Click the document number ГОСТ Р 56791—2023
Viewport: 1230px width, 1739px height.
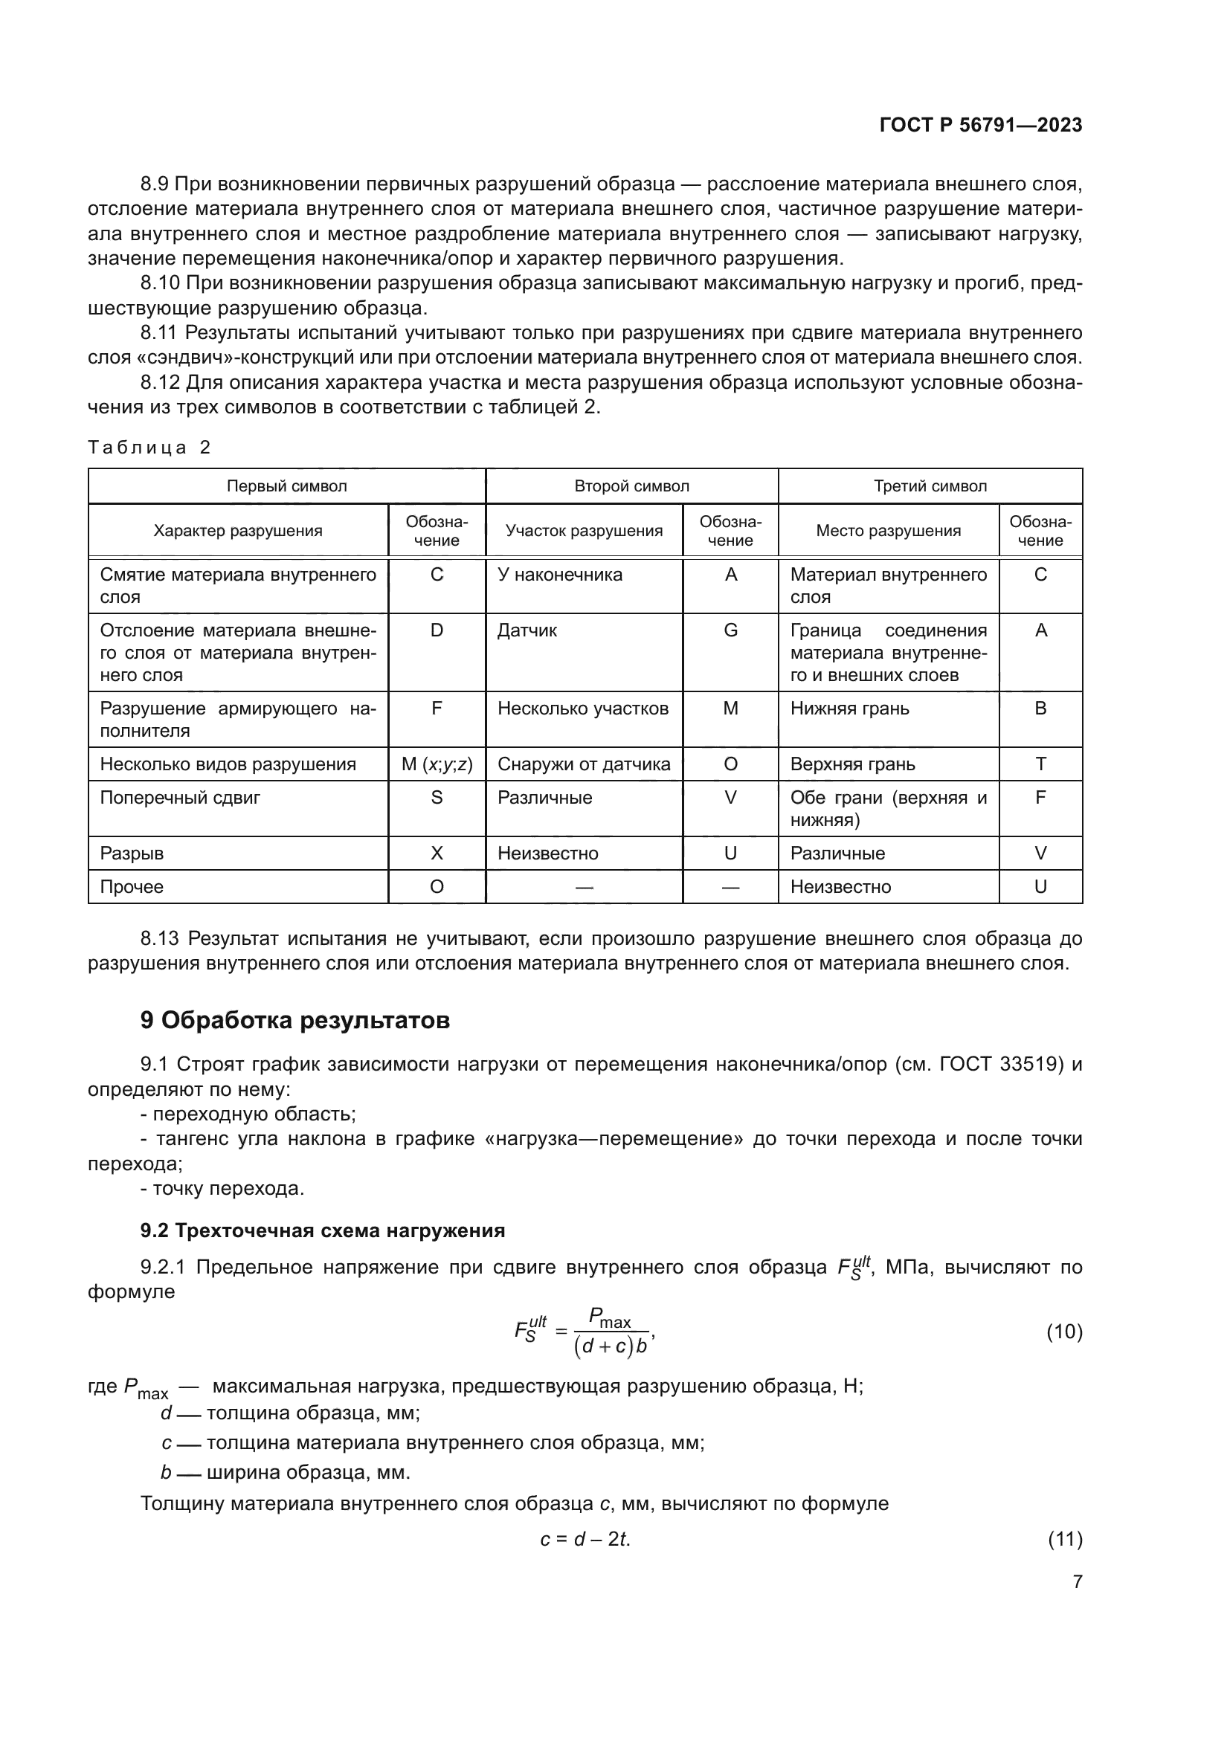click(980, 125)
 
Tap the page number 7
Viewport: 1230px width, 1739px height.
click(1077, 1581)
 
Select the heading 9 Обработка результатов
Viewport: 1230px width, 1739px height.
click(294, 1020)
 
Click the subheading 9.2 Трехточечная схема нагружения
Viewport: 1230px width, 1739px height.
click(322, 1230)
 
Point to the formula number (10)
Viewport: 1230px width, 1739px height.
click(1063, 1332)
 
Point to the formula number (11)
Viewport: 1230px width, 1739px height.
click(1064, 1539)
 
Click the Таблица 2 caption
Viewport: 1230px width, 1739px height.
click(149, 447)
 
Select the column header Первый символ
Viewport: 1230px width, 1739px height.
click(286, 486)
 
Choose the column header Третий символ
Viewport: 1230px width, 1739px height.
click(930, 486)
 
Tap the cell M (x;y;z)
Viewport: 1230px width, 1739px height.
click(437, 764)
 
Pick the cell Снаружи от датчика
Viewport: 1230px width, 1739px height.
click(583, 764)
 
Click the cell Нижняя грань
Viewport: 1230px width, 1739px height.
click(849, 709)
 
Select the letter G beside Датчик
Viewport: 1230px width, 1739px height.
click(730, 630)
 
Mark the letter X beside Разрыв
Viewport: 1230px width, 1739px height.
click(437, 854)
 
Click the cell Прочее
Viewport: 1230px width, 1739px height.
click(132, 887)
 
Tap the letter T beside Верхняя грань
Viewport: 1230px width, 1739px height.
click(1040, 764)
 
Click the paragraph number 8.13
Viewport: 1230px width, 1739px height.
click(160, 939)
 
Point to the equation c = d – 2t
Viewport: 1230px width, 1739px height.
click(585, 1539)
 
